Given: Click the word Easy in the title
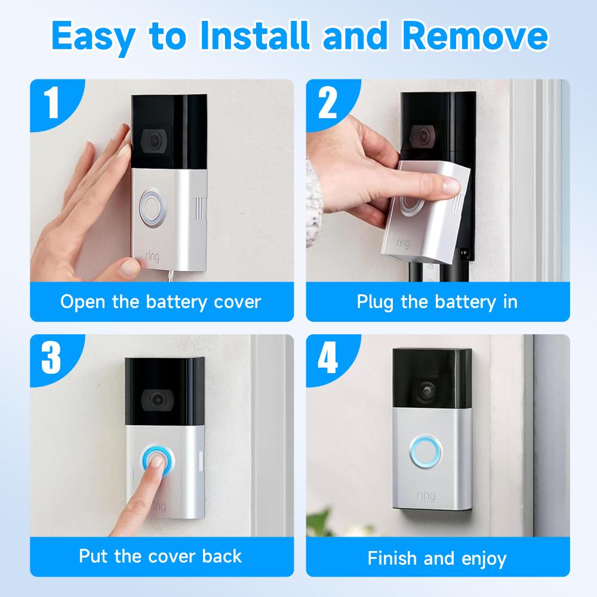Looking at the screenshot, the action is coord(93,37).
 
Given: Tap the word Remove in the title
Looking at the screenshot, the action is coord(475,35).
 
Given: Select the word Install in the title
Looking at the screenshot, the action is coord(255,35).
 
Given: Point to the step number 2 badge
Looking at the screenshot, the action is coord(328,102).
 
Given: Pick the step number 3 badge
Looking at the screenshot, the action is coord(51,357).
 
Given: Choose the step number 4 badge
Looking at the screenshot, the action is coord(328,357).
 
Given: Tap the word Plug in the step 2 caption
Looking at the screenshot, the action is coord(375,303).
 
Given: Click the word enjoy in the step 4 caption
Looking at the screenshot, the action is coord(484,559).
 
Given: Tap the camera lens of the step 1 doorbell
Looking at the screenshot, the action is coord(154,140).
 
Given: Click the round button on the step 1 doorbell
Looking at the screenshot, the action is coord(152,208).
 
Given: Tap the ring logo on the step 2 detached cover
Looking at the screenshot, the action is coord(403,242).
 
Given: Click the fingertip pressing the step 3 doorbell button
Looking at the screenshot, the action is coord(156,461).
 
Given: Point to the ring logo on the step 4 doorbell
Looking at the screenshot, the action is coord(426,496).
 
